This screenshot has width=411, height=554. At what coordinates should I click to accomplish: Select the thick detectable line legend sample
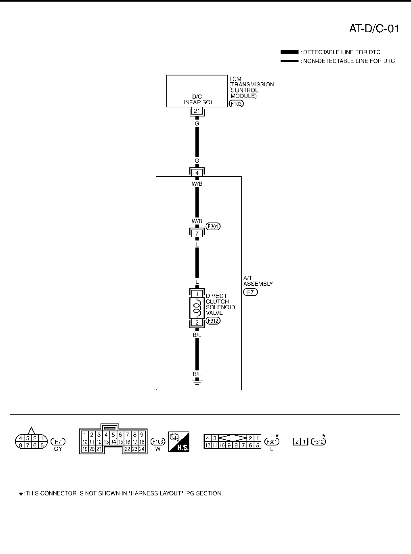[289, 52]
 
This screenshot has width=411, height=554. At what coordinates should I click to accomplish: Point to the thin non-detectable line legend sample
[289, 61]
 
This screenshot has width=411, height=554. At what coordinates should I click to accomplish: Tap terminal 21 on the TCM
[197, 111]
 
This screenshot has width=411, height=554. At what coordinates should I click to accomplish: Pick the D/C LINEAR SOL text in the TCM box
[197, 100]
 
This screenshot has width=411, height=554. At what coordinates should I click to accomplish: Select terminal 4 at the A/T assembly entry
[197, 173]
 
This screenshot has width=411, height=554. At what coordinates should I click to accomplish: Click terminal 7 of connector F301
[197, 233]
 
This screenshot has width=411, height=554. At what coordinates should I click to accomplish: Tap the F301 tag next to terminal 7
[213, 226]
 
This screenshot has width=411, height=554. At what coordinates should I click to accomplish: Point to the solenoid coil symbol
[197, 309]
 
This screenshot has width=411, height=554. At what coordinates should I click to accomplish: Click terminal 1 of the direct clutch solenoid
[197, 294]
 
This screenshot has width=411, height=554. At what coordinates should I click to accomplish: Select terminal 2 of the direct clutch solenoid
[197, 322]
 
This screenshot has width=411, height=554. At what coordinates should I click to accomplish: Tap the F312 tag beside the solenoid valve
[213, 322]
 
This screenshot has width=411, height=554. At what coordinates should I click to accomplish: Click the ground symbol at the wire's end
[197, 381]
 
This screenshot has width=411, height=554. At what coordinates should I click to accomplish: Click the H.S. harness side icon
[179, 441]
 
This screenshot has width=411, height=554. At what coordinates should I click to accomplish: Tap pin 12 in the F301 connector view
[207, 445]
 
